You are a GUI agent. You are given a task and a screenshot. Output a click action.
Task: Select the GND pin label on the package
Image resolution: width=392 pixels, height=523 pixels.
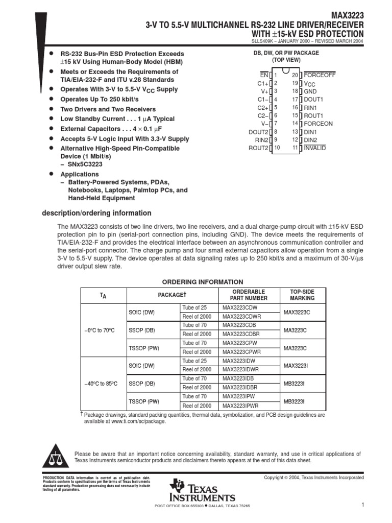click(310, 91)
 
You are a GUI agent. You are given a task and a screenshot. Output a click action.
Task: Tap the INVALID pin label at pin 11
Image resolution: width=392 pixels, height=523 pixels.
click(315, 148)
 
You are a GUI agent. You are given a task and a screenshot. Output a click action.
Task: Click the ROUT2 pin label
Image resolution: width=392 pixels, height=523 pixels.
click(258, 148)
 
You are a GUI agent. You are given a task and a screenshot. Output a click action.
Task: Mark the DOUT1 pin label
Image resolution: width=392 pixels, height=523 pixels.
click(314, 99)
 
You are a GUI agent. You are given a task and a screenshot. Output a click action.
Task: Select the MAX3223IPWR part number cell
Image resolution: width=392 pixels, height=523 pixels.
click(242, 406)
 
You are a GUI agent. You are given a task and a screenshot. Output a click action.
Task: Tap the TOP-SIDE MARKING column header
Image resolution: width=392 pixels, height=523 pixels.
click(302, 295)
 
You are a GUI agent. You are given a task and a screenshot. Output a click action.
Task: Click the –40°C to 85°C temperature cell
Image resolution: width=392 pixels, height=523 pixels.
click(100, 383)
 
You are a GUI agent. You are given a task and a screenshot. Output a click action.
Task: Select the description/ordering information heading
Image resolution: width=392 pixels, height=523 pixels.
click(96, 213)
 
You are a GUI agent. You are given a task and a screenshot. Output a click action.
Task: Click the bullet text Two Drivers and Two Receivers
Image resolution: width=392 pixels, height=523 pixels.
click(108, 109)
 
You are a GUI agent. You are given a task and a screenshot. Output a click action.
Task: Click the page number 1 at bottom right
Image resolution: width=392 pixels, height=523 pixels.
click(361, 505)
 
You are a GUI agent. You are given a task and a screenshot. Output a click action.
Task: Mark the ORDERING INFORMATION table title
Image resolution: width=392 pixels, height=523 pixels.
click(203, 281)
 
